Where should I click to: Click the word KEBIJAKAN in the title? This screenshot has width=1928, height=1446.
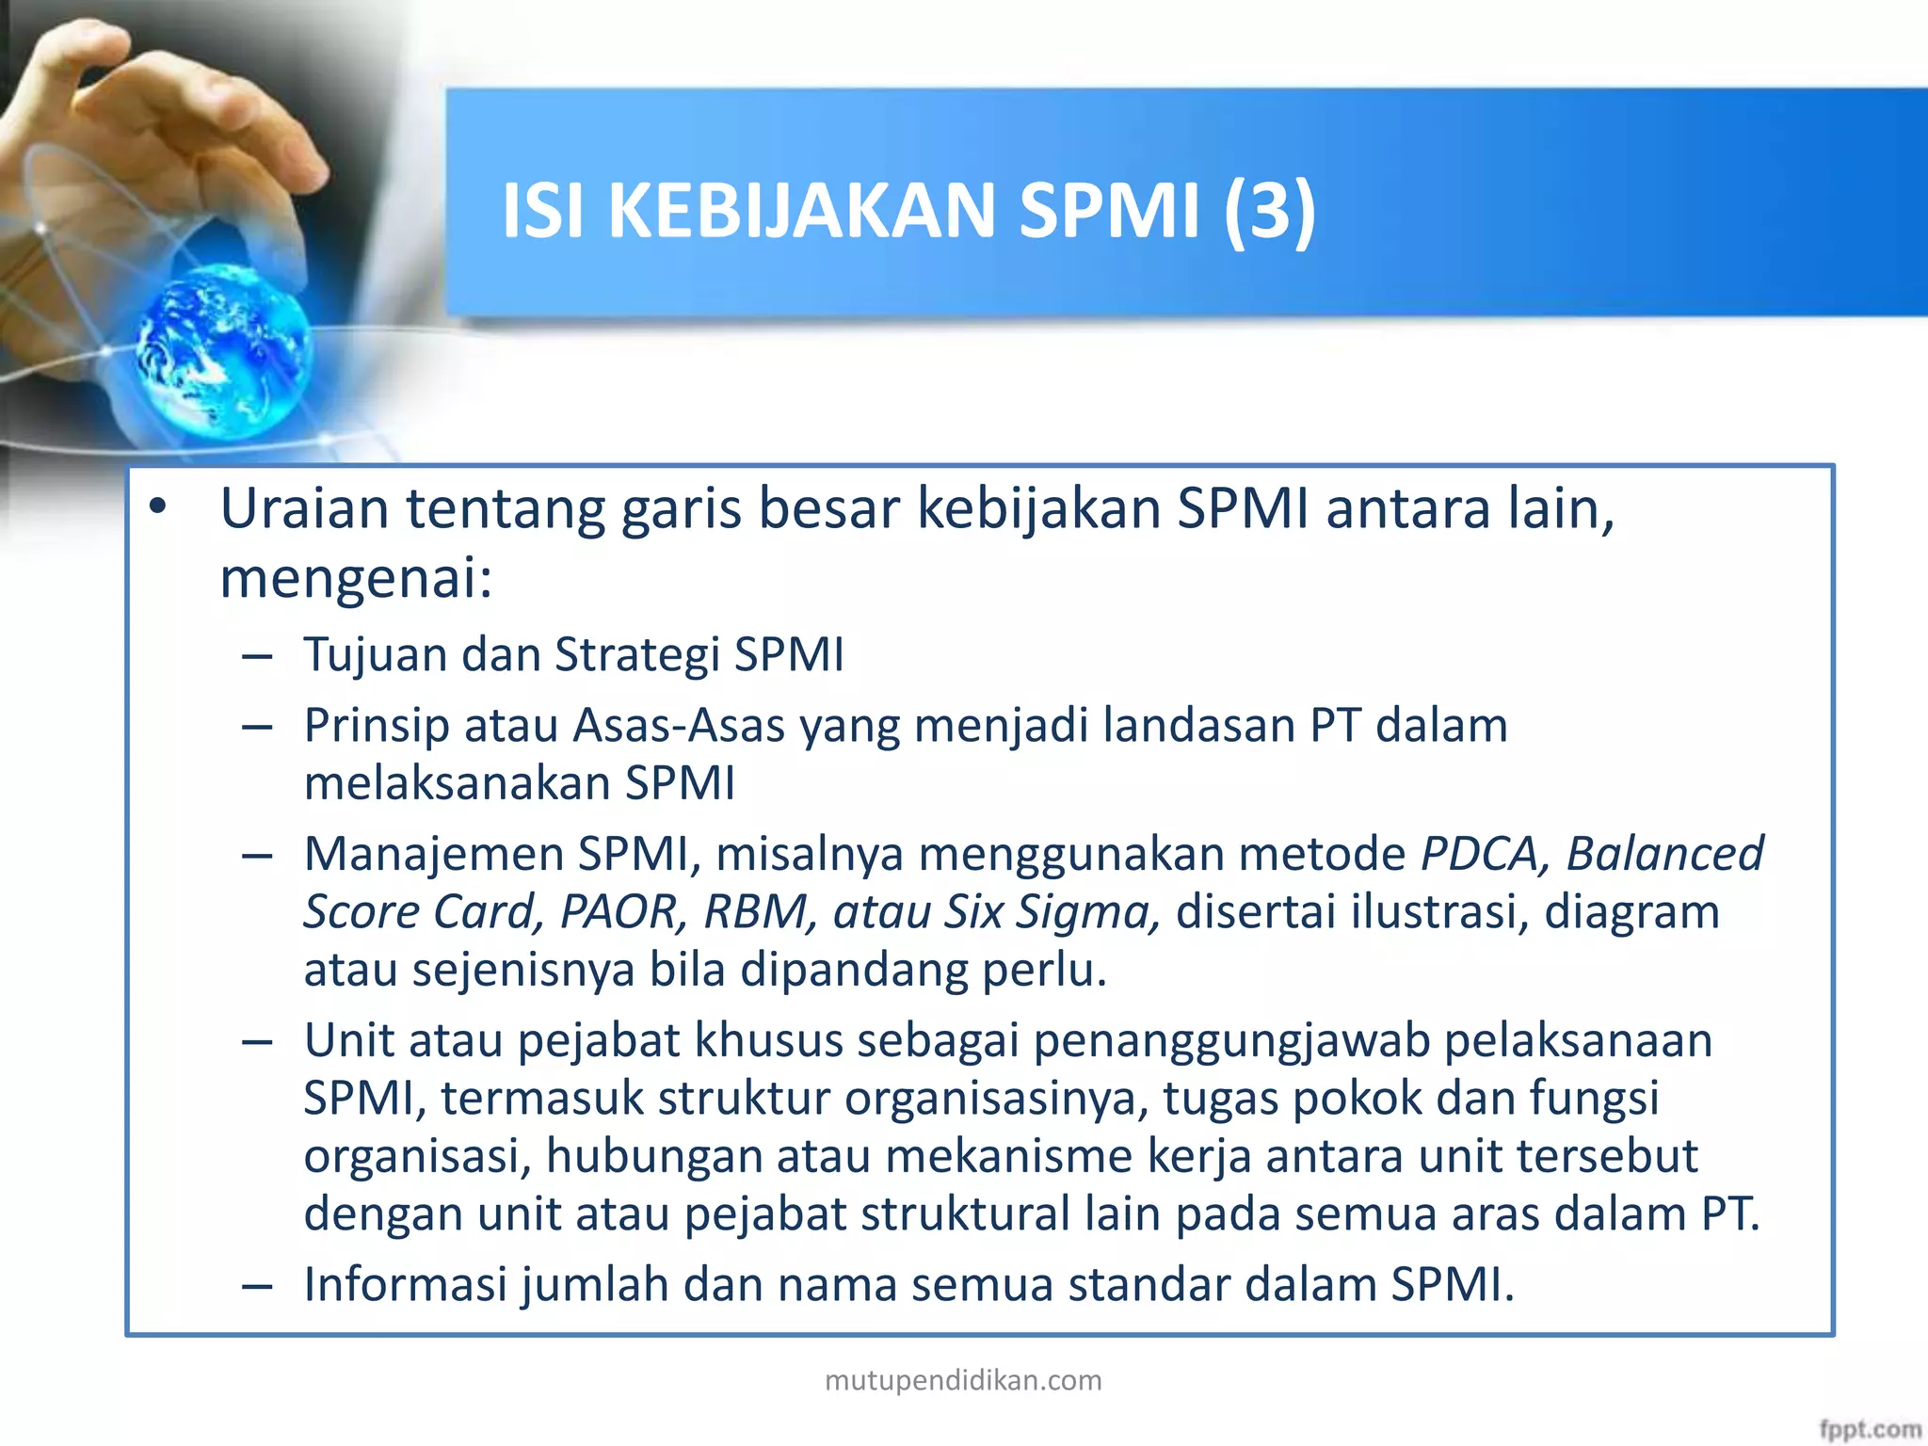pos(801,211)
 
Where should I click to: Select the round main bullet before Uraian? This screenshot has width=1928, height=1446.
pos(157,507)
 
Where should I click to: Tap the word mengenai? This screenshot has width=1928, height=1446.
pos(356,578)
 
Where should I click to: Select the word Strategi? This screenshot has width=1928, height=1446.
pos(637,655)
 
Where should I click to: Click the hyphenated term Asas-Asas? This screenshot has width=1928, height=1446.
pos(679,726)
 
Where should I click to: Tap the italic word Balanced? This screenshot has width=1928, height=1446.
pos(1664,854)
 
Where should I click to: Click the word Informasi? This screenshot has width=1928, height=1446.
pos(405,1285)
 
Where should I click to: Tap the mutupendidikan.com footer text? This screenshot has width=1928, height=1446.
pos(963,1380)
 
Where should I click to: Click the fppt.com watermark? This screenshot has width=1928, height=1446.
pos(1869,1429)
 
